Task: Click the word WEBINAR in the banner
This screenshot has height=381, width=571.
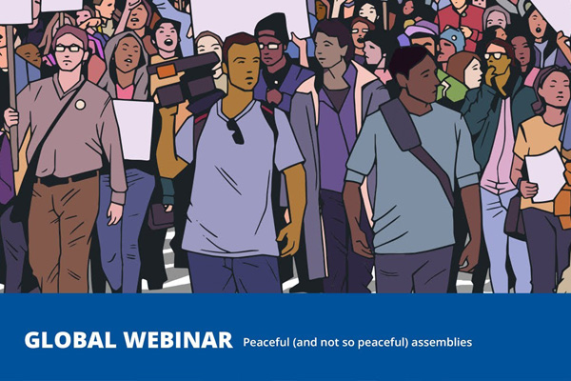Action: point(178,340)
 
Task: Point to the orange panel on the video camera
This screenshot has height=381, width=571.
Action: point(166,71)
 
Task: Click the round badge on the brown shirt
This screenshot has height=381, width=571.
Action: point(80,105)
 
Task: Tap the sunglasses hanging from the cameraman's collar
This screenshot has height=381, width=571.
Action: point(236,131)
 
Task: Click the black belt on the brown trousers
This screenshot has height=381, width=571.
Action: point(68,179)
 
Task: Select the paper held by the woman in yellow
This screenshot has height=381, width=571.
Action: point(544,175)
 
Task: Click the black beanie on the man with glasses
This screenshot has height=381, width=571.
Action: point(271,28)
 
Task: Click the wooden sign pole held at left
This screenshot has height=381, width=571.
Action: point(12,96)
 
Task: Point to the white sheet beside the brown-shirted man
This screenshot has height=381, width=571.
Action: point(133,130)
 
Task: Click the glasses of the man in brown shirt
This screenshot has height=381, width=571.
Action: point(69,49)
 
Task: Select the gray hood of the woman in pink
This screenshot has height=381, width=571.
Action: point(124,58)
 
